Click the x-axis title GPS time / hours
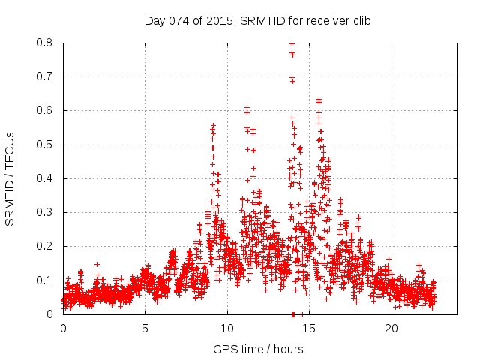coord(258,349)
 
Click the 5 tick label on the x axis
coord(145,328)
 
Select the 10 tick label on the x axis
coord(227,328)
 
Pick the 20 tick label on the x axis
coord(391,328)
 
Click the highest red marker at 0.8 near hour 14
coord(292,43)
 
